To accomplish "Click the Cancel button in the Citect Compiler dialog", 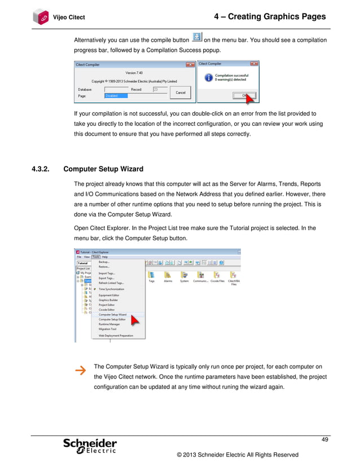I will coord(181,92).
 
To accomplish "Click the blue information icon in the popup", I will coord(208,77).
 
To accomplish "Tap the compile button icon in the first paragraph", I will coord(196,37).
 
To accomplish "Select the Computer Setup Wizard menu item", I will coord(112,314).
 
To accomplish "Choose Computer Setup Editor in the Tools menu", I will coord(112,319).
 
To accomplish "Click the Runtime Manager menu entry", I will coord(109,324).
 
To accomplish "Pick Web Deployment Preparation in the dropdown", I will coord(116,335).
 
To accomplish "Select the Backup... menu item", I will coord(104,262).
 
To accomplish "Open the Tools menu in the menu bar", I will coord(96,256).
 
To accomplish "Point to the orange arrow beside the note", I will coord(81,371).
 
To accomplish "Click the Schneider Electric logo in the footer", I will coord(90,446).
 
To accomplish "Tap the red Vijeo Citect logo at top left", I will coord(41,17).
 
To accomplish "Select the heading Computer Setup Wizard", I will coord(104,169).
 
